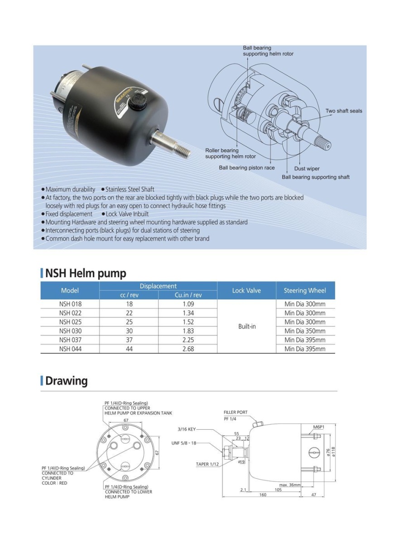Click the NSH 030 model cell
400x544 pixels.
[70, 331]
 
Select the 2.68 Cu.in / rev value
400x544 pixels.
[188, 349]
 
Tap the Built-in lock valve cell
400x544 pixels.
[247, 326]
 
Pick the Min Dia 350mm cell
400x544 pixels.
[305, 331]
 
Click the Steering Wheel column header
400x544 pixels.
[305, 291]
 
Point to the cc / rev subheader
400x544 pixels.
[129, 295]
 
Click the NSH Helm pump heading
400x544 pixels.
[85, 273]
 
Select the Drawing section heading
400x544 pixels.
[66, 381]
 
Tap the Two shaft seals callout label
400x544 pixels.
[344, 111]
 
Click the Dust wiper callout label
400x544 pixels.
[307, 169]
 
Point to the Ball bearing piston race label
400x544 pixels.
[247, 168]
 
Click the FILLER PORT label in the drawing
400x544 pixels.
[236, 413]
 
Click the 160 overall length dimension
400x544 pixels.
[263, 495]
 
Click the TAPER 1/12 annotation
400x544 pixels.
[208, 464]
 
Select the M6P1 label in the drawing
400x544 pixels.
[318, 427]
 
